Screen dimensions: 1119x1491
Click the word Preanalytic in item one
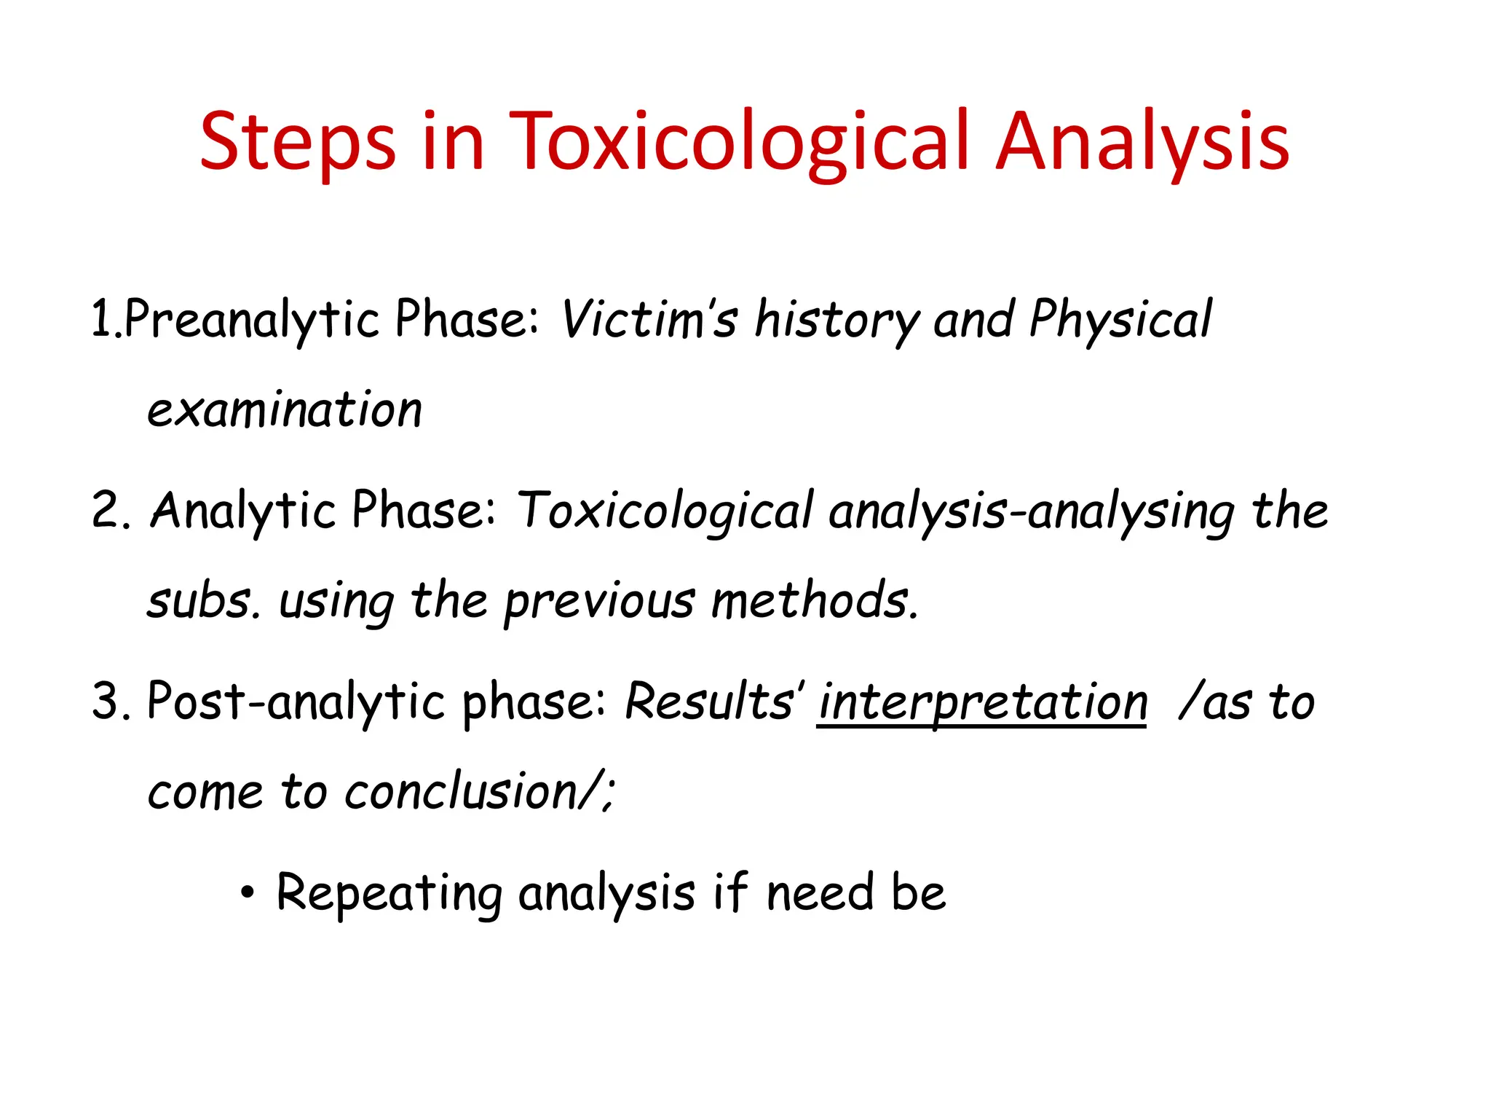tap(252, 320)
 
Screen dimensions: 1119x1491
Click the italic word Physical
tap(1120, 320)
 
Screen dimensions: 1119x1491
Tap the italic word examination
tap(284, 410)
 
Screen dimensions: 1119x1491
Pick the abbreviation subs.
tap(202, 602)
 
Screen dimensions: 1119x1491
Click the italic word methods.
tap(814, 602)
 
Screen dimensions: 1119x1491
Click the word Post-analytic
tap(296, 702)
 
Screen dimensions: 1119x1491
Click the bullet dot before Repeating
tap(248, 892)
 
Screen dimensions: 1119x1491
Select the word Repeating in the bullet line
tap(389, 893)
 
